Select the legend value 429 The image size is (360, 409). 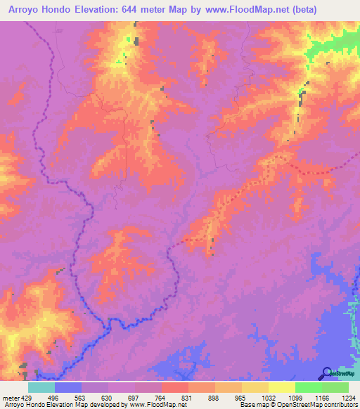click(25, 398)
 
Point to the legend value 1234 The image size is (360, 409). click(349, 398)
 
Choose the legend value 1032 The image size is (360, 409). click(269, 398)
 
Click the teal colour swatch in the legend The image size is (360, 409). click(41, 387)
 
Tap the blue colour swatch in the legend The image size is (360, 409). click(68, 387)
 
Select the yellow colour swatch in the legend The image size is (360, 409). click(282, 387)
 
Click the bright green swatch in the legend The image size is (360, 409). click(309, 387)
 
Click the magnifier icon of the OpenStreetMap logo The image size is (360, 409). click(326, 372)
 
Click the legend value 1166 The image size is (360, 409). click(322, 398)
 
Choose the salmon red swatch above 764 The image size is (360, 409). click(175, 387)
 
